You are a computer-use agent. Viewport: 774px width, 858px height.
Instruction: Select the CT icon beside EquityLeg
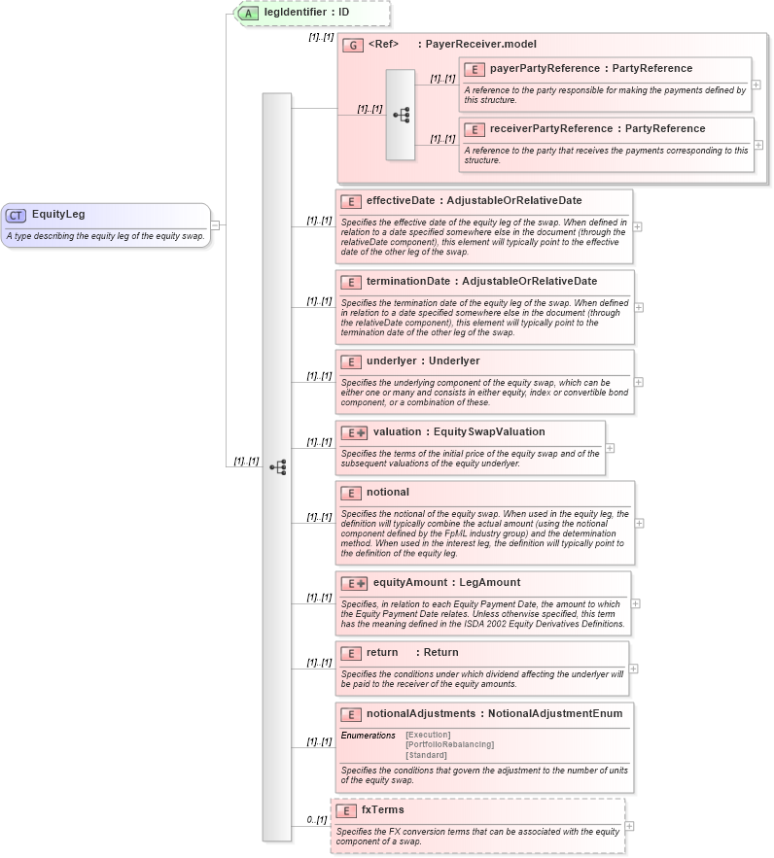tap(17, 215)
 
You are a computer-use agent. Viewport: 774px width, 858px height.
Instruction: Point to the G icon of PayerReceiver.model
tap(353, 45)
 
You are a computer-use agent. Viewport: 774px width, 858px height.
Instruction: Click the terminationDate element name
tap(407, 282)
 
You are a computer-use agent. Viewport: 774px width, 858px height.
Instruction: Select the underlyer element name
tap(389, 361)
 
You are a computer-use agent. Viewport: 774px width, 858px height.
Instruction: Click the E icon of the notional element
tap(351, 493)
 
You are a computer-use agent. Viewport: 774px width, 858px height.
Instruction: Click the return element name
tap(382, 653)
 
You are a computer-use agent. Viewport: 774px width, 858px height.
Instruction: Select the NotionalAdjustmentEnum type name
tap(555, 714)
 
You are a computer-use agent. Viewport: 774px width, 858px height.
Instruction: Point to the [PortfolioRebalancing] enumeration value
tap(449, 745)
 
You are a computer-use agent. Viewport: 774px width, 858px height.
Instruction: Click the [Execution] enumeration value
tap(428, 735)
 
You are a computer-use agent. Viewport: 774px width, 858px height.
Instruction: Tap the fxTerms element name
tap(383, 810)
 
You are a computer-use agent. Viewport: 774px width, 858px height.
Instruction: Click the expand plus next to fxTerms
tap(629, 826)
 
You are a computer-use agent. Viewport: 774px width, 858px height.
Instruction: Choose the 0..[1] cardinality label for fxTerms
tap(316, 820)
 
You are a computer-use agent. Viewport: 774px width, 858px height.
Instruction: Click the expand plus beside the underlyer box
tap(638, 382)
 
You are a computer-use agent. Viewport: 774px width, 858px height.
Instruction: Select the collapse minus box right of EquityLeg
tap(215, 225)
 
